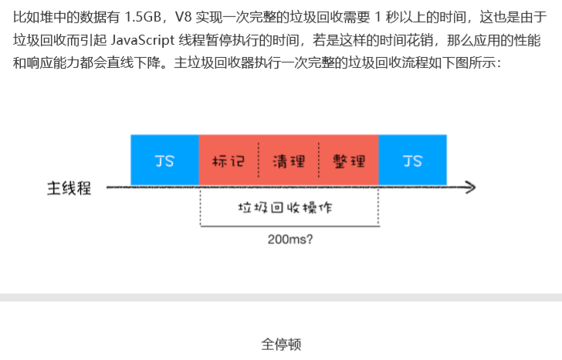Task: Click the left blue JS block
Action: [164, 160]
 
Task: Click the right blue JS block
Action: [412, 160]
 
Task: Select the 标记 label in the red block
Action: [228, 161]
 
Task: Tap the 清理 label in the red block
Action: [289, 161]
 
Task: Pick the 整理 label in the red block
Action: [349, 161]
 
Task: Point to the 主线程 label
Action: [69, 188]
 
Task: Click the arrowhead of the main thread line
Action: [470, 187]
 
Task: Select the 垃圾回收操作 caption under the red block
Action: [289, 209]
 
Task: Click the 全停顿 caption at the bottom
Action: [281, 345]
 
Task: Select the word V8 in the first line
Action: [184, 15]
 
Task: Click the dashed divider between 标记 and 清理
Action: [259, 161]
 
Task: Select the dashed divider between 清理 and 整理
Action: [319, 161]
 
